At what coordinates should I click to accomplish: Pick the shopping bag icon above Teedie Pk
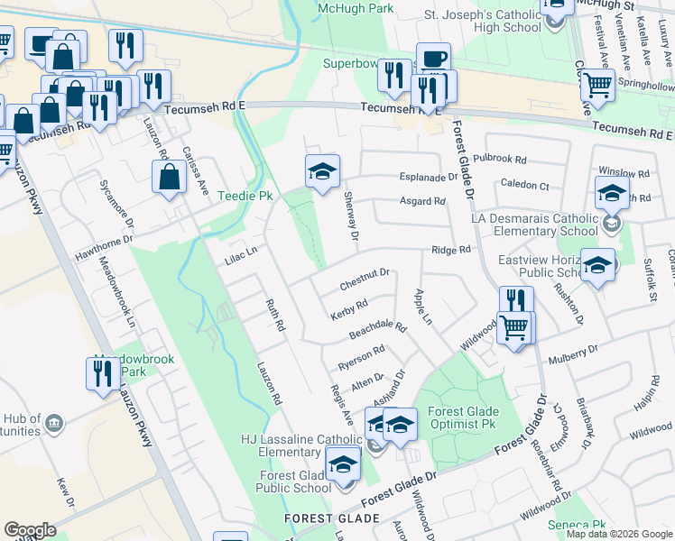pos(170,177)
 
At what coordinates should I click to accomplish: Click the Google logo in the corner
pos(30,530)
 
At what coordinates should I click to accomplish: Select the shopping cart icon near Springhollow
pos(596,85)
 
